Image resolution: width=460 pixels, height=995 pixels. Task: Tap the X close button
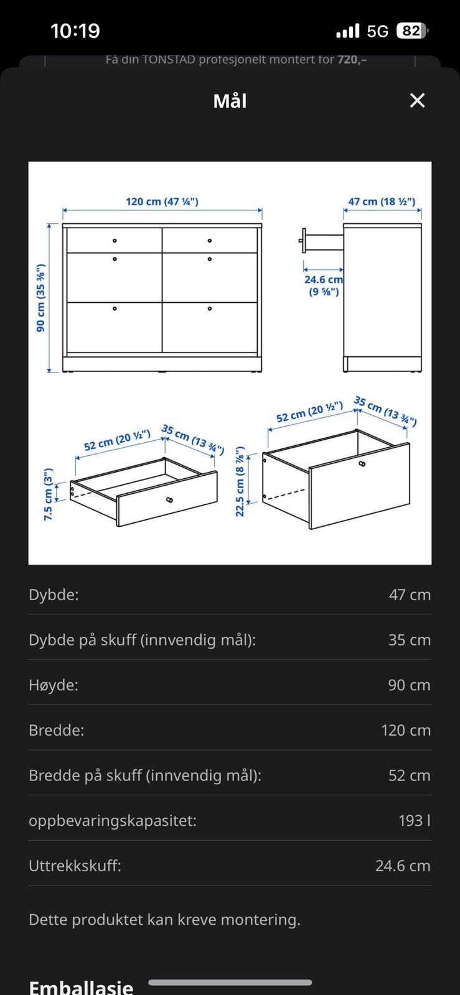(x=417, y=100)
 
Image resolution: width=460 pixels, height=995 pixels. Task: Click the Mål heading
(x=230, y=101)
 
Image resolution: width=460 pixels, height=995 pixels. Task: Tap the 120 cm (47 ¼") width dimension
(x=162, y=201)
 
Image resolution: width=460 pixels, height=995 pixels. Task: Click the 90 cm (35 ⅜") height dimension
(x=40, y=298)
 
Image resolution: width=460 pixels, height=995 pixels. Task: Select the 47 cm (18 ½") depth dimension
(x=382, y=201)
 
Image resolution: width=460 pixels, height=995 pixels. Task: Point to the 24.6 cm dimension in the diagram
(x=324, y=279)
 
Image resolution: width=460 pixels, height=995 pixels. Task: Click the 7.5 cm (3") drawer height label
(x=49, y=494)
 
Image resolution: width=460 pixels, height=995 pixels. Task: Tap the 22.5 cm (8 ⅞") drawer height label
(x=240, y=481)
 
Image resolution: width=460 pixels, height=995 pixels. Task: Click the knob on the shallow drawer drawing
(x=169, y=500)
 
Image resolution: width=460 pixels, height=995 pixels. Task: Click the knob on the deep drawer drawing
(x=362, y=464)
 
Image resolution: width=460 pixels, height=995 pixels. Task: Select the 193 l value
(x=415, y=820)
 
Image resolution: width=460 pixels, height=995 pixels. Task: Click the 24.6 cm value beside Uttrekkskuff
(x=403, y=865)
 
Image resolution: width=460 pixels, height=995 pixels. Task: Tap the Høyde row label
(x=54, y=685)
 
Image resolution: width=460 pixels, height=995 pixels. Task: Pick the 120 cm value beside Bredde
(x=406, y=730)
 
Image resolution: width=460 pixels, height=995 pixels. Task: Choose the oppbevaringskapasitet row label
(x=113, y=820)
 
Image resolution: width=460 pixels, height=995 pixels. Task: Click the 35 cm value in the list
(x=410, y=640)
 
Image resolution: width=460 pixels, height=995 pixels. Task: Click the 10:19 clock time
(x=75, y=30)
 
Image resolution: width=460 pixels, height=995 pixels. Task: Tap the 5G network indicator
(x=377, y=31)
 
